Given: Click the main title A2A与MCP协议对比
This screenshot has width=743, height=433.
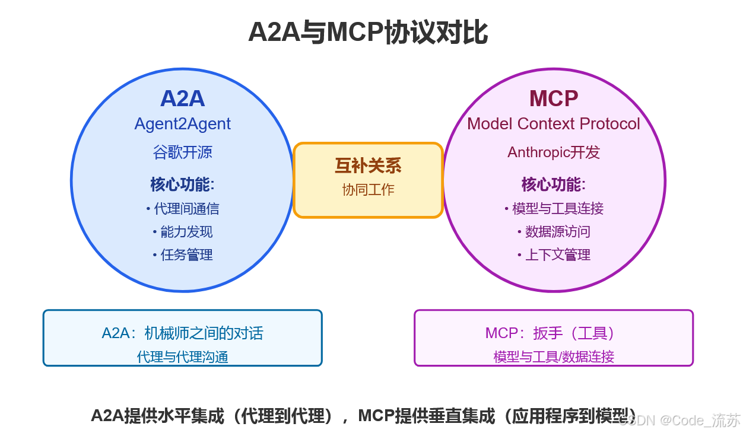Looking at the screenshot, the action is [367, 32].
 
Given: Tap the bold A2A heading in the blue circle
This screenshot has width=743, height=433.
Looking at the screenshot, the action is [182, 98].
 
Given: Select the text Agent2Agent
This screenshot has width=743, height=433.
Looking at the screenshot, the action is [182, 124].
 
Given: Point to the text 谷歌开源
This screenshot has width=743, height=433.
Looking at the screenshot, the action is [182, 152].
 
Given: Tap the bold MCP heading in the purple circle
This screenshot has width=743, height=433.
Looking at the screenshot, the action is [553, 98].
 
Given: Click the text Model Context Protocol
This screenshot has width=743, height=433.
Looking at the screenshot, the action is [553, 124].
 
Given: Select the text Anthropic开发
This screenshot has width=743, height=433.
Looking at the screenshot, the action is [553, 152].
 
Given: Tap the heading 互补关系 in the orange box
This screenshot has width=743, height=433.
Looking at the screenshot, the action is [368, 166].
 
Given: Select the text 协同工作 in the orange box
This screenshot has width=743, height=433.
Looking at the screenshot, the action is [368, 190].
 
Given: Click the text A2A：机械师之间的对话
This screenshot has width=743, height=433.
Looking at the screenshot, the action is [182, 333].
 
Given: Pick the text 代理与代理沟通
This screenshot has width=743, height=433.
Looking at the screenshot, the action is [182, 357].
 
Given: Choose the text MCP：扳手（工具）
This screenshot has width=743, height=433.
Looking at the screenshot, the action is [553, 333].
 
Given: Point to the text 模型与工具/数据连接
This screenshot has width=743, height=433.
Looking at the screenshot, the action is [553, 357].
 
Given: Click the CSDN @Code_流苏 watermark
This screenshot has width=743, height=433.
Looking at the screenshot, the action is [680, 421].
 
